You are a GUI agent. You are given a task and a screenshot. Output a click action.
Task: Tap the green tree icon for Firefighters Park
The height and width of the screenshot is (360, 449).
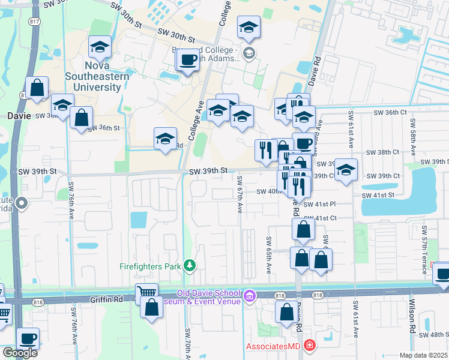(x=190, y=265)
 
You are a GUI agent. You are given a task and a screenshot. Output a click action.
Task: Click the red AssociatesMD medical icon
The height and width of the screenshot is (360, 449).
(x=309, y=346)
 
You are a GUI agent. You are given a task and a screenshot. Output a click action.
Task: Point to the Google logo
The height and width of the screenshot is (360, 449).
(x=20, y=353)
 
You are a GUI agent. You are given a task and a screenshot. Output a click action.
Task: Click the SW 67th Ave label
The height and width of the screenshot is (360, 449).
(x=240, y=195)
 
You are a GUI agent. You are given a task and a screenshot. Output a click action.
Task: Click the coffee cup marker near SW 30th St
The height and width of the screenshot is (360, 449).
(x=189, y=60)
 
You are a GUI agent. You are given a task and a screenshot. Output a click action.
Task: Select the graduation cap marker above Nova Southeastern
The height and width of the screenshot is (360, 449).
(x=100, y=46)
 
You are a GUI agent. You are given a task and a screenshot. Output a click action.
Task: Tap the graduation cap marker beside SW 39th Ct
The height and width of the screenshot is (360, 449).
(x=346, y=169)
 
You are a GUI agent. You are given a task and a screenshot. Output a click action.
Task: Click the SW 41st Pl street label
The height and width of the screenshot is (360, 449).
(x=319, y=205)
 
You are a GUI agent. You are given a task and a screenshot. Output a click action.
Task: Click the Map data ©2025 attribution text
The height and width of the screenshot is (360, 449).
(x=424, y=355)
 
